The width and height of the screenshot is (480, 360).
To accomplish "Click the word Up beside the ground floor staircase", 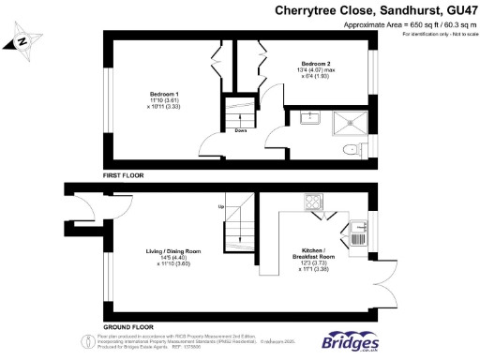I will tap(221, 206).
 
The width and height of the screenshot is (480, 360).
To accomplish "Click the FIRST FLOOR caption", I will tap(123, 174).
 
